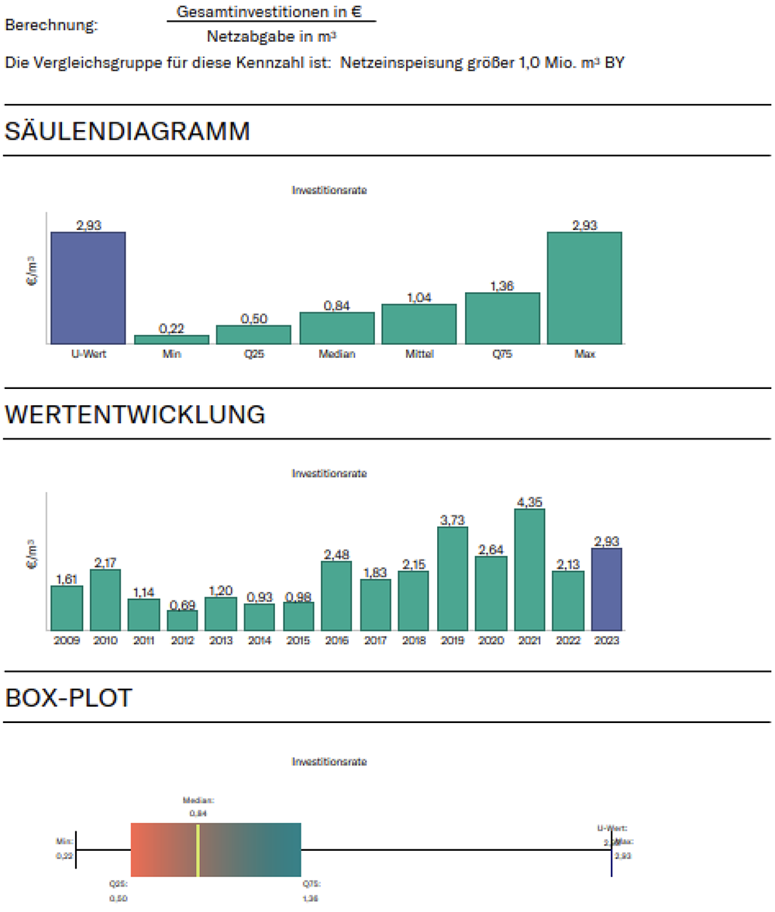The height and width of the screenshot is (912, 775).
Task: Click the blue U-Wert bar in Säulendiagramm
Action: pyautogui.click(x=88, y=287)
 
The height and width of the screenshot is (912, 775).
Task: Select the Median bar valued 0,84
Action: pyautogui.click(x=336, y=328)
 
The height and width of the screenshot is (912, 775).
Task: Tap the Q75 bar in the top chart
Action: pyautogui.click(x=502, y=318)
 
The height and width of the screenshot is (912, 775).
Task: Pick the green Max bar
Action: pyautogui.click(x=584, y=287)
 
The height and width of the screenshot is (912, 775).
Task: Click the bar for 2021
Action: pyautogui.click(x=530, y=570)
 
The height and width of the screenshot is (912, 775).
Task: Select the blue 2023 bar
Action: pyautogui.click(x=607, y=589)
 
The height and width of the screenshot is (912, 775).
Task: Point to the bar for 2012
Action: pyautogui.click(x=182, y=620)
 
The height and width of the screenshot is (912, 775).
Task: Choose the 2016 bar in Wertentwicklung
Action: pyautogui.click(x=336, y=595)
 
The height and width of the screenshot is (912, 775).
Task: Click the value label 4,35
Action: pyautogui.click(x=530, y=501)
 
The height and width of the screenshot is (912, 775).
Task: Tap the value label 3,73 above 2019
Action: pyautogui.click(x=453, y=520)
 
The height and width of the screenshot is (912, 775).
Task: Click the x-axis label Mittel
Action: pyautogui.click(x=419, y=354)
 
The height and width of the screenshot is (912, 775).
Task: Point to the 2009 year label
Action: pyautogui.click(x=67, y=641)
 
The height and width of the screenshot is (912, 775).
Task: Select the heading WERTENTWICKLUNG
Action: pyautogui.click(x=135, y=415)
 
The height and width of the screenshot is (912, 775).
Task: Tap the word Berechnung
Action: pyautogui.click(x=52, y=25)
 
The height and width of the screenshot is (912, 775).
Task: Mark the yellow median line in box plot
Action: pyautogui.click(x=198, y=850)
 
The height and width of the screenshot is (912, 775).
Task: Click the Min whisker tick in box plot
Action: pyautogui.click(x=76, y=850)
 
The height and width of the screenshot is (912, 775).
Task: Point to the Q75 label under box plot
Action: pyautogui.click(x=311, y=883)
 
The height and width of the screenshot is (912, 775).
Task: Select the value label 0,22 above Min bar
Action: pyautogui.click(x=170, y=329)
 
